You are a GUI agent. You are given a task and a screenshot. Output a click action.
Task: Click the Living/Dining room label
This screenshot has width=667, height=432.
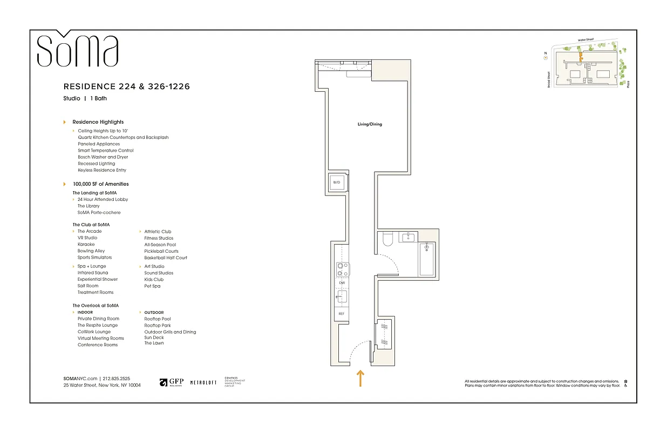(x=370, y=124)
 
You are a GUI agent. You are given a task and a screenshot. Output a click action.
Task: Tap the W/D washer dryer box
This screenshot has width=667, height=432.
(x=337, y=183)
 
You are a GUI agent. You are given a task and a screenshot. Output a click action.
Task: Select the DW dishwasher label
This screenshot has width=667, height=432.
(x=342, y=282)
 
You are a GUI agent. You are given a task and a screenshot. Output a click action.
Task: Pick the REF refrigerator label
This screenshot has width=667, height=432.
(x=342, y=314)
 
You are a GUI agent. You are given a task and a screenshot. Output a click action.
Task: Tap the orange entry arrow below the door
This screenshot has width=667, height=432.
(x=360, y=378)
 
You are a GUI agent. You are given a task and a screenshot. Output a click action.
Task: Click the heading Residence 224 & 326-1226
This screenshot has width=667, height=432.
(x=126, y=86)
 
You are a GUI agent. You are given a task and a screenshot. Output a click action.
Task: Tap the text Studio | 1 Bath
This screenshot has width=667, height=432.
(x=85, y=98)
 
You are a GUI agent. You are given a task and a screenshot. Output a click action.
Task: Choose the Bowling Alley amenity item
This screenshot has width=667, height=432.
(x=91, y=251)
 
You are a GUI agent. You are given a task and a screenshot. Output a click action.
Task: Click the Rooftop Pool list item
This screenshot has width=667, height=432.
(x=158, y=319)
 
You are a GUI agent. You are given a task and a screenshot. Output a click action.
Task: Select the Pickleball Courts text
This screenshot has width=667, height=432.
(x=161, y=251)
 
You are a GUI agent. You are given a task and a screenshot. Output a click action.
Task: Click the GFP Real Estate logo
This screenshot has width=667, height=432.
(x=172, y=382)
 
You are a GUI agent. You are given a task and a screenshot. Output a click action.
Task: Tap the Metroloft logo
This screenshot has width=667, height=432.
(x=203, y=382)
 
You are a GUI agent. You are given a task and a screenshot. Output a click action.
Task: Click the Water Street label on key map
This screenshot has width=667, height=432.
(x=589, y=39)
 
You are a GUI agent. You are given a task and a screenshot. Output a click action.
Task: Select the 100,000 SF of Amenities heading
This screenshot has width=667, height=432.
(x=100, y=184)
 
